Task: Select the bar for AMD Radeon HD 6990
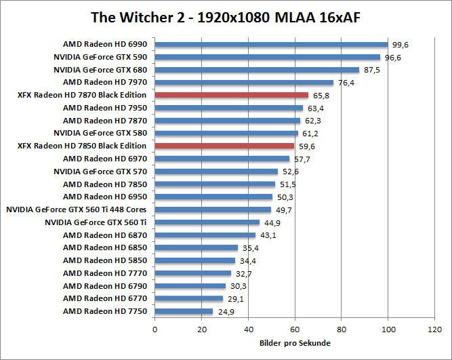coord(271,45)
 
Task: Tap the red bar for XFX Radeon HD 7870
coord(232,95)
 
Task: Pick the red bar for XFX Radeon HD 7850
coord(224,146)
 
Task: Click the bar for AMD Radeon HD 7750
coord(184,311)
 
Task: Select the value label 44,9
coord(272,222)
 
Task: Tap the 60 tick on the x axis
coord(295,329)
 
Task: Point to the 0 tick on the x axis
coord(155,329)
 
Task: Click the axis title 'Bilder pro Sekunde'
coord(295,343)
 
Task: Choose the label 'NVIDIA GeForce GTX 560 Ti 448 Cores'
coord(77,209)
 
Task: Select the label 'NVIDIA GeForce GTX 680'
coord(100,70)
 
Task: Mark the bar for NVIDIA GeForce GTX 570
coord(216,172)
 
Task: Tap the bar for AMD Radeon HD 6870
coord(205,235)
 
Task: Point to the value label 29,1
coord(235,298)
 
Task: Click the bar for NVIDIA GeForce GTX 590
coord(268,57)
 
